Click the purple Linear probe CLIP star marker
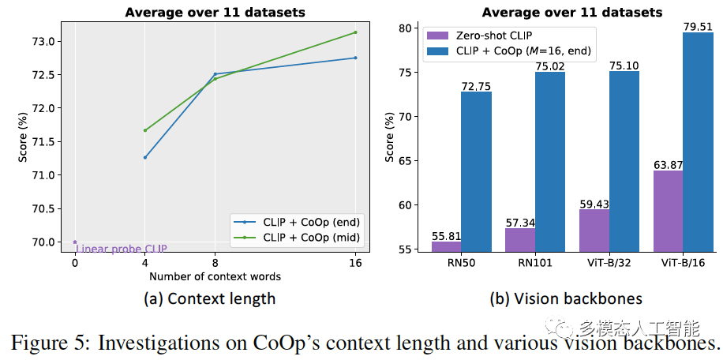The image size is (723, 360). point(75,242)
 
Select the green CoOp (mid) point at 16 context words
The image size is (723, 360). point(355,32)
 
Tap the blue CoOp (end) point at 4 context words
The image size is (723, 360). point(145,157)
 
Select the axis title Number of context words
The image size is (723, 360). point(215,277)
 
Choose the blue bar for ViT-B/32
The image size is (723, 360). point(624,161)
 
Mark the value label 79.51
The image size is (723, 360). point(697,27)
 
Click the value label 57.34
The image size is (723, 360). point(520,223)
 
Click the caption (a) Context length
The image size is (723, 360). point(210,298)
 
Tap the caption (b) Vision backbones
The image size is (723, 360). point(565,298)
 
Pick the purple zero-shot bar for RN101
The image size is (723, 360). point(520,240)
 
